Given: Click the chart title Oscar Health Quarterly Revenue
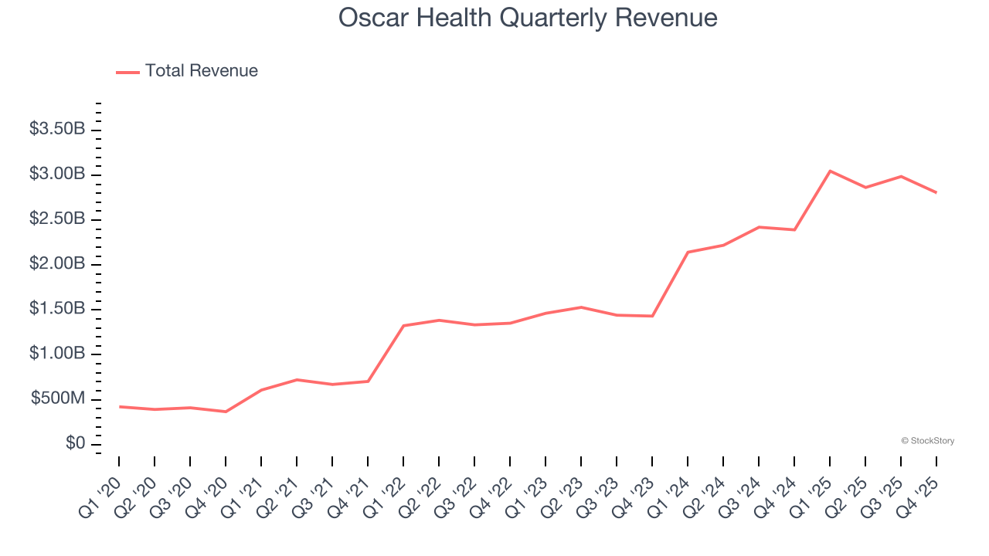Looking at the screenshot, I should pyautogui.click(x=528, y=18).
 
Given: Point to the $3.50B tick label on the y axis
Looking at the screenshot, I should pyautogui.click(x=57, y=129).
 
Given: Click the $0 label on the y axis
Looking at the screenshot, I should pyautogui.click(x=75, y=444).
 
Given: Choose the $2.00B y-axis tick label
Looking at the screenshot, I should pyautogui.click(x=57, y=264).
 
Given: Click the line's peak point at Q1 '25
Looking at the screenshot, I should pyautogui.click(x=830, y=171).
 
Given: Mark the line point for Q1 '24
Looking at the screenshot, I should pyautogui.click(x=688, y=252).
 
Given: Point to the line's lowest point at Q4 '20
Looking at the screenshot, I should pyautogui.click(x=226, y=412).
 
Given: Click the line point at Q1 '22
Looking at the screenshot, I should pyautogui.click(x=403, y=326).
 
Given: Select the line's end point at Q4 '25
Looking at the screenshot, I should pyautogui.click(x=936, y=192).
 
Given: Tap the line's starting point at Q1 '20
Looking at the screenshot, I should pyautogui.click(x=119, y=406).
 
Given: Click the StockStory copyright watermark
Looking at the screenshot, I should pyautogui.click(x=927, y=441).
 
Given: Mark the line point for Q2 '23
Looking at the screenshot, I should pyautogui.click(x=581, y=307).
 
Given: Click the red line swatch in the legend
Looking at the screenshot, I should pyautogui.click(x=127, y=72).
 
